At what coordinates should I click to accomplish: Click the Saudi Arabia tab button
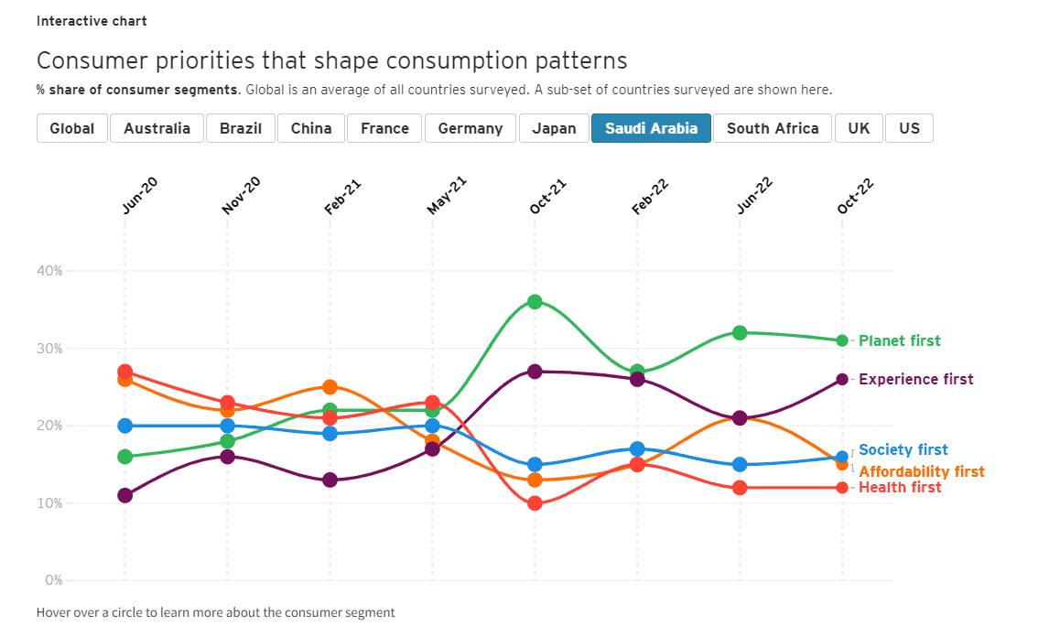coord(651,128)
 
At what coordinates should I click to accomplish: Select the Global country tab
coord(72,128)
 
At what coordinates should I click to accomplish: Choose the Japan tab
coord(554,128)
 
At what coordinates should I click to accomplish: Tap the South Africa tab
coord(773,128)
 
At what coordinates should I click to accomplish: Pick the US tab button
coord(909,128)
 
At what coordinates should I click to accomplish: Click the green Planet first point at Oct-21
coord(535,302)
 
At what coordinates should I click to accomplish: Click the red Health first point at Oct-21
coord(535,503)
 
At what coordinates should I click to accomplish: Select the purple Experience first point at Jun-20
coord(125,495)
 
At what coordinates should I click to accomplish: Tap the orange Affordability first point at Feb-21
coord(330,387)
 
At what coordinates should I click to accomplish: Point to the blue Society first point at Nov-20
coord(228,426)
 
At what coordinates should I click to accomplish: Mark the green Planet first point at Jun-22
coord(740,333)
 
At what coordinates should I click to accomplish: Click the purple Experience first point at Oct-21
coord(535,372)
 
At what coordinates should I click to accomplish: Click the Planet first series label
coord(899,341)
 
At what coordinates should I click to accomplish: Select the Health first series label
coord(899,488)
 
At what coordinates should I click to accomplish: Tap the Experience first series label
coord(915,380)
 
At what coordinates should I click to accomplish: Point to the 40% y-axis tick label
coord(49,271)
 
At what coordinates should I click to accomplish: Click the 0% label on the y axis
coord(53,580)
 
